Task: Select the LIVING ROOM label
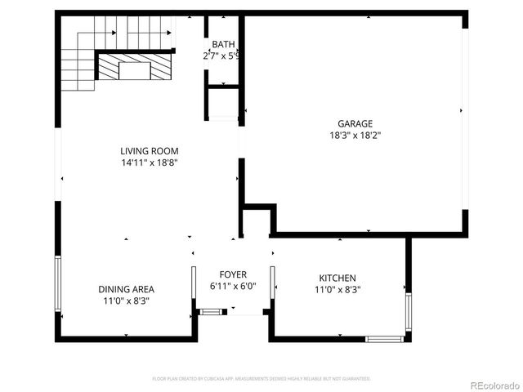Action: (149, 151)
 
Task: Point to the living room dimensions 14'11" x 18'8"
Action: (149, 163)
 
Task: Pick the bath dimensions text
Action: (221, 56)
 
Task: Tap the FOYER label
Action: (233, 274)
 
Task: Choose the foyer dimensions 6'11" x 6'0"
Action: (233, 287)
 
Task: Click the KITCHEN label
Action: (337, 278)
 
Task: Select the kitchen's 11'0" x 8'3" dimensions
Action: (337, 289)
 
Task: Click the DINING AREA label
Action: (126, 289)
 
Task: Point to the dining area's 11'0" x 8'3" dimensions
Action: (126, 301)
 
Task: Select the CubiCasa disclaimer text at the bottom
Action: (261, 379)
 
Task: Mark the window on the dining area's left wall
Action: (57, 283)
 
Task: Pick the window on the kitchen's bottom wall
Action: (383, 338)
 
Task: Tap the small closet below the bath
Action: (222, 103)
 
